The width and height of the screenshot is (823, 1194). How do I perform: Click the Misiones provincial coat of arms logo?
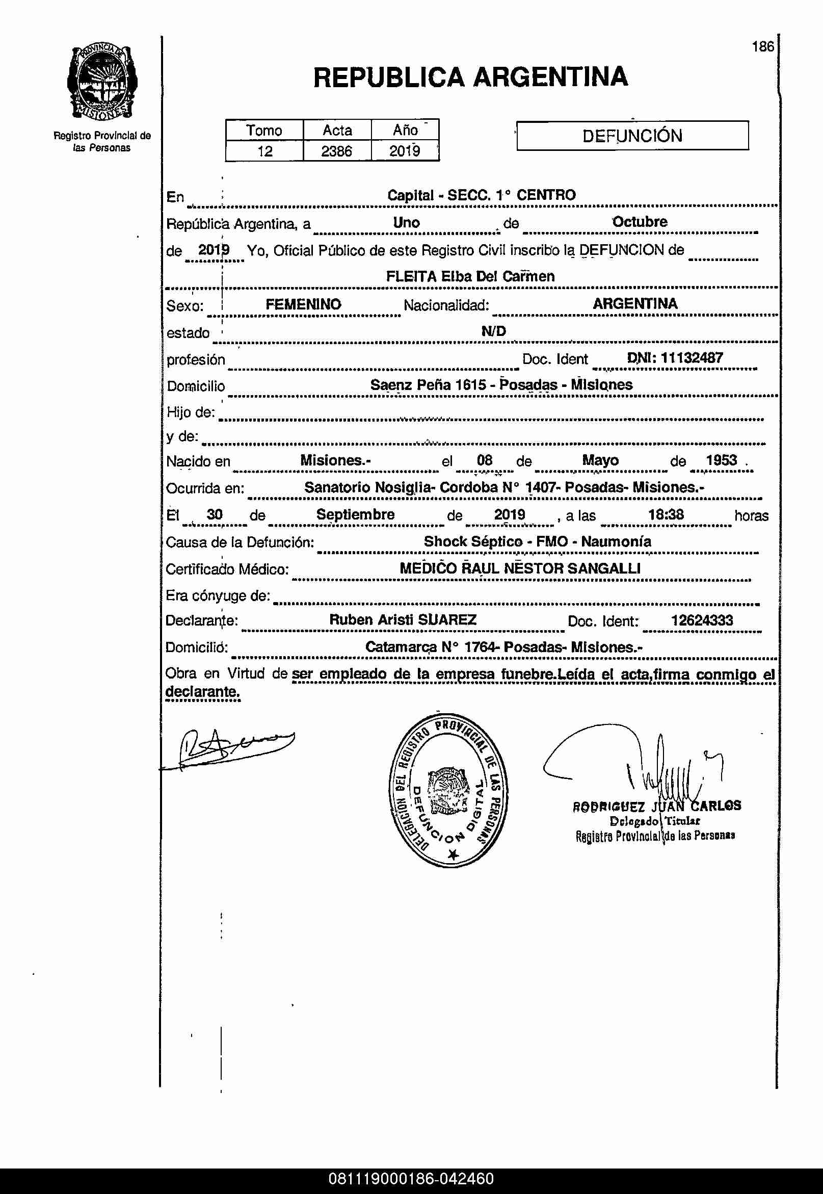click(102, 82)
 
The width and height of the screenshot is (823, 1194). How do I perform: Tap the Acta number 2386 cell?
click(337, 151)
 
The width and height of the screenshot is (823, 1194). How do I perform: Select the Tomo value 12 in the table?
click(264, 151)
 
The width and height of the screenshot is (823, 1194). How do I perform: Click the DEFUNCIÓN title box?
click(632, 136)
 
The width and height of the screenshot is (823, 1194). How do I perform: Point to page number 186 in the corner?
click(763, 47)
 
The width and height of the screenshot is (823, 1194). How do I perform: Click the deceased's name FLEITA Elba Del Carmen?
click(470, 276)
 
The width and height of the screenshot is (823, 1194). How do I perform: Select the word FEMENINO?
click(303, 304)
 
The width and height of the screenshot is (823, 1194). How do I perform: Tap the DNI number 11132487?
click(692, 358)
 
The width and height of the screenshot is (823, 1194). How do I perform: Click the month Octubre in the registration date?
click(640, 222)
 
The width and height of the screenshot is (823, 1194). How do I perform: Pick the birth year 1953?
click(721, 460)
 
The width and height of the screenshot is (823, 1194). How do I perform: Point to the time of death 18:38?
click(666, 514)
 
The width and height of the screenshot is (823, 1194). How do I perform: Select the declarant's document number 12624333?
click(701, 620)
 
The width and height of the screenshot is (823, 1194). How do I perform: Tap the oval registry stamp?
click(448, 790)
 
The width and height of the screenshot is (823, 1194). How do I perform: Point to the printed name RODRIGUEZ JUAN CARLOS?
click(656, 806)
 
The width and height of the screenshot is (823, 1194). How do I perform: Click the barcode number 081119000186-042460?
click(411, 1179)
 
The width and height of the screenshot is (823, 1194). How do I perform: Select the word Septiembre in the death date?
click(355, 514)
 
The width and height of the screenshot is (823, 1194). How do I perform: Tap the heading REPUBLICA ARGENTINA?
click(470, 77)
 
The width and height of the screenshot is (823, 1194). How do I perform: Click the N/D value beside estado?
click(493, 331)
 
